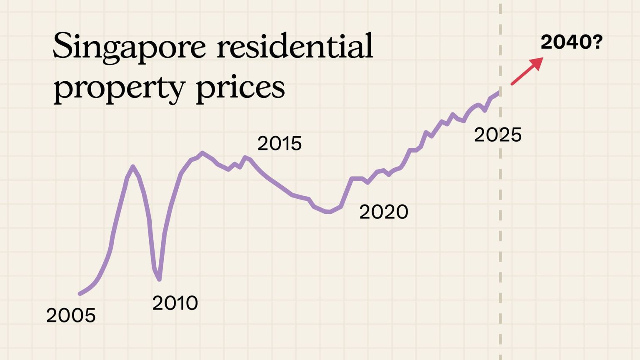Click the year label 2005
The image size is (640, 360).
(x=71, y=315)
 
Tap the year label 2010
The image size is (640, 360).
(x=175, y=303)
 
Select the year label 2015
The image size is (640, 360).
(x=279, y=143)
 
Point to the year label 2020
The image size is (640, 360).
(x=383, y=212)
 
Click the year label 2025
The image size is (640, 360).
(x=497, y=135)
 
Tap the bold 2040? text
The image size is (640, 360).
(x=571, y=42)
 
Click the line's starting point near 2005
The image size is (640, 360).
(x=80, y=294)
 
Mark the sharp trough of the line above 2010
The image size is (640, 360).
(x=159, y=280)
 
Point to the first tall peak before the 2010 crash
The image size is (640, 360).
(x=133, y=166)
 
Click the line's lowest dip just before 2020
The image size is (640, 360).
(x=329, y=212)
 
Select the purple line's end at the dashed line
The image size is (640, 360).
(x=498, y=92)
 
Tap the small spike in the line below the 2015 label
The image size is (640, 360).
(x=245, y=157)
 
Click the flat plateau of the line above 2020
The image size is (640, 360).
(x=357, y=178)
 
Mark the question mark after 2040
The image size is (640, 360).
(x=597, y=42)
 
